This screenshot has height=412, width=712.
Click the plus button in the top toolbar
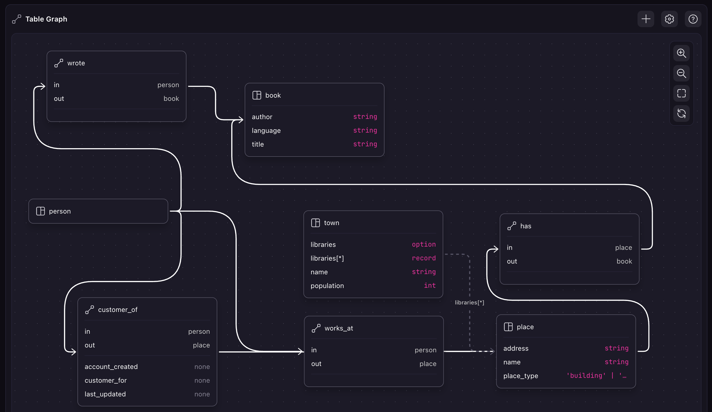(x=646, y=19)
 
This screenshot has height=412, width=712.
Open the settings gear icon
(x=669, y=19)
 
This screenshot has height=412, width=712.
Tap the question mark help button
(x=693, y=19)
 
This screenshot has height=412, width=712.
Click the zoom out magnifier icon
(x=681, y=73)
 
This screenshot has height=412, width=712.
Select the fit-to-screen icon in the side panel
(x=681, y=94)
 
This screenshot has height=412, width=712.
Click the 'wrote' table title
(x=76, y=63)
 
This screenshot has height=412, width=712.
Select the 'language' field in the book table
(x=266, y=130)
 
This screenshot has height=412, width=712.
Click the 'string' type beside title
(x=365, y=144)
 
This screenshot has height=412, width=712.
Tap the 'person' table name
(x=60, y=211)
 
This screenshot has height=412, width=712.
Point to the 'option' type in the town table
(x=423, y=244)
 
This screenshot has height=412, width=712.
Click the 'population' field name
(x=327, y=286)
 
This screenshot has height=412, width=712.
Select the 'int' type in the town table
(x=429, y=286)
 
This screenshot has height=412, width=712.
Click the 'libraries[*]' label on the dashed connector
(x=469, y=302)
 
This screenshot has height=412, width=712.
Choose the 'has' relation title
(x=525, y=226)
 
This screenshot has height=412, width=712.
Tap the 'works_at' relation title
(x=339, y=328)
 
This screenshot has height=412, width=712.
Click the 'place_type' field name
(x=521, y=376)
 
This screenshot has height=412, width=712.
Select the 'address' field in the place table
(x=516, y=349)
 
